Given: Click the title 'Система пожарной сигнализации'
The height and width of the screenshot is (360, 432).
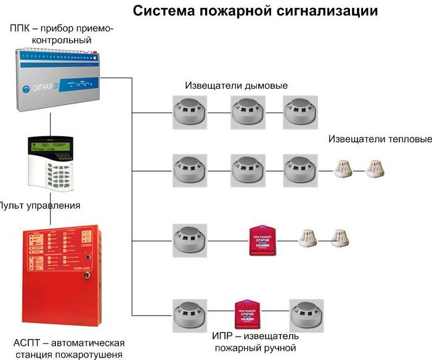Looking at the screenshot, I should point(255,10).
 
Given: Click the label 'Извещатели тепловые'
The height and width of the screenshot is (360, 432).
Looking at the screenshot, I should point(380,139).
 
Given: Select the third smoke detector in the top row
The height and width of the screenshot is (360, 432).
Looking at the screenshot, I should point(300,111).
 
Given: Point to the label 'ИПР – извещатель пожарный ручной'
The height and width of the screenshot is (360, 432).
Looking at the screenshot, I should point(255,342).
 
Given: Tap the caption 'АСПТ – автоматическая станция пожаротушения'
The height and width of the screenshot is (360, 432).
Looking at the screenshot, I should point(68,348).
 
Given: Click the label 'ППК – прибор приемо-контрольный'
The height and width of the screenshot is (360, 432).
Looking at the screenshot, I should point(62,35).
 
